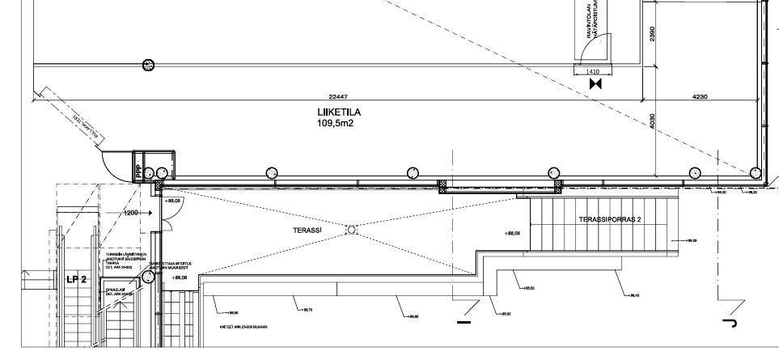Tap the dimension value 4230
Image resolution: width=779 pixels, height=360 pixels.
pyautogui.click(x=700, y=96)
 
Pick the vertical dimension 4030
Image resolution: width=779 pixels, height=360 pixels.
pyautogui.click(x=653, y=121)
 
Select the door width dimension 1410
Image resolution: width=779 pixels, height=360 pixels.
pyautogui.click(x=592, y=71)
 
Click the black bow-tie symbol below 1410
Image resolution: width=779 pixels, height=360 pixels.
pyautogui.click(x=596, y=83)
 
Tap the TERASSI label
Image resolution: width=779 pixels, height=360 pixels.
pyautogui.click(x=307, y=230)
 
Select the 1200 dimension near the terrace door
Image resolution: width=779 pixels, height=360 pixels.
pyautogui.click(x=132, y=212)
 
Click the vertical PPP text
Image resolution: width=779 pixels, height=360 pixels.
pyautogui.click(x=138, y=172)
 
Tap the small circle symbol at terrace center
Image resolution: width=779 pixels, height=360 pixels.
pyautogui.click(x=351, y=230)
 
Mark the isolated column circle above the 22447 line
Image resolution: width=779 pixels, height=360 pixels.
pyautogui.click(x=148, y=65)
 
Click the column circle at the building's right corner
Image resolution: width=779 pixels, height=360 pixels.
pyautogui.click(x=755, y=172)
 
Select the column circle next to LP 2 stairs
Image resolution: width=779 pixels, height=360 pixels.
pyautogui.click(x=149, y=277)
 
